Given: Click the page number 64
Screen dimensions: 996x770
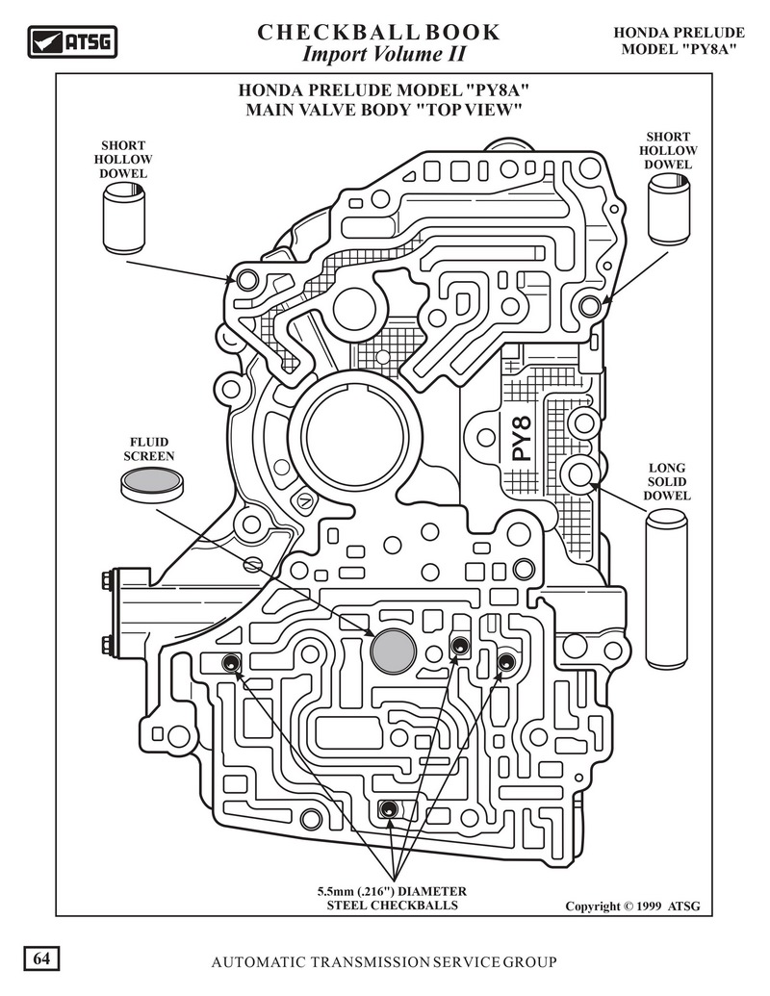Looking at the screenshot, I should point(41,958).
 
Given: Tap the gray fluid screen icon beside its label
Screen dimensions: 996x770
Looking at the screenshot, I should point(152,483).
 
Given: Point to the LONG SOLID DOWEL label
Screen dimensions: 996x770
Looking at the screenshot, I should point(667,482).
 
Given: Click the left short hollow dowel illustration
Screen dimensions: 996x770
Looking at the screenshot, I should point(124,220).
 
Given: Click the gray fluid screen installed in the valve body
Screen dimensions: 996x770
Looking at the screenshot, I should point(393,651).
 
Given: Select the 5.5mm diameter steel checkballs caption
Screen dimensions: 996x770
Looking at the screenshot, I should point(385,898).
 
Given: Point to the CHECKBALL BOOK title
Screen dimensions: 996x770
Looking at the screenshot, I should point(378,32).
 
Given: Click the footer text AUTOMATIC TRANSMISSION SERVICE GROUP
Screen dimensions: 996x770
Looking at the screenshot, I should point(384,962).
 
